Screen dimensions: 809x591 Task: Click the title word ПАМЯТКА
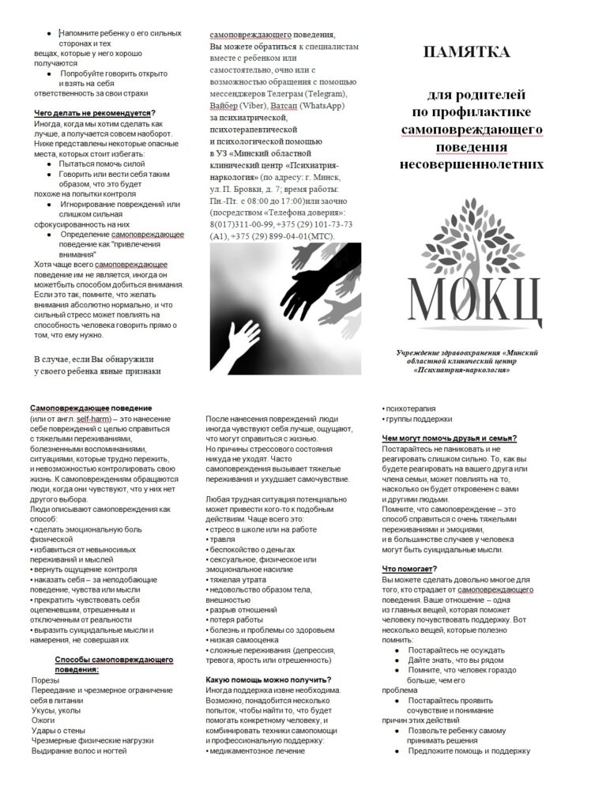[465, 54]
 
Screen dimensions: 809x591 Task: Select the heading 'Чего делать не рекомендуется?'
[94, 112]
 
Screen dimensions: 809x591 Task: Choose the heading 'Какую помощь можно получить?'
[268, 679]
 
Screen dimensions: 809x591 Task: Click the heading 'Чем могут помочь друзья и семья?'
[450, 438]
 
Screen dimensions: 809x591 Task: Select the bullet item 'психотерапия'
[412, 408]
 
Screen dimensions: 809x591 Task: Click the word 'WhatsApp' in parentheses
[319, 105]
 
